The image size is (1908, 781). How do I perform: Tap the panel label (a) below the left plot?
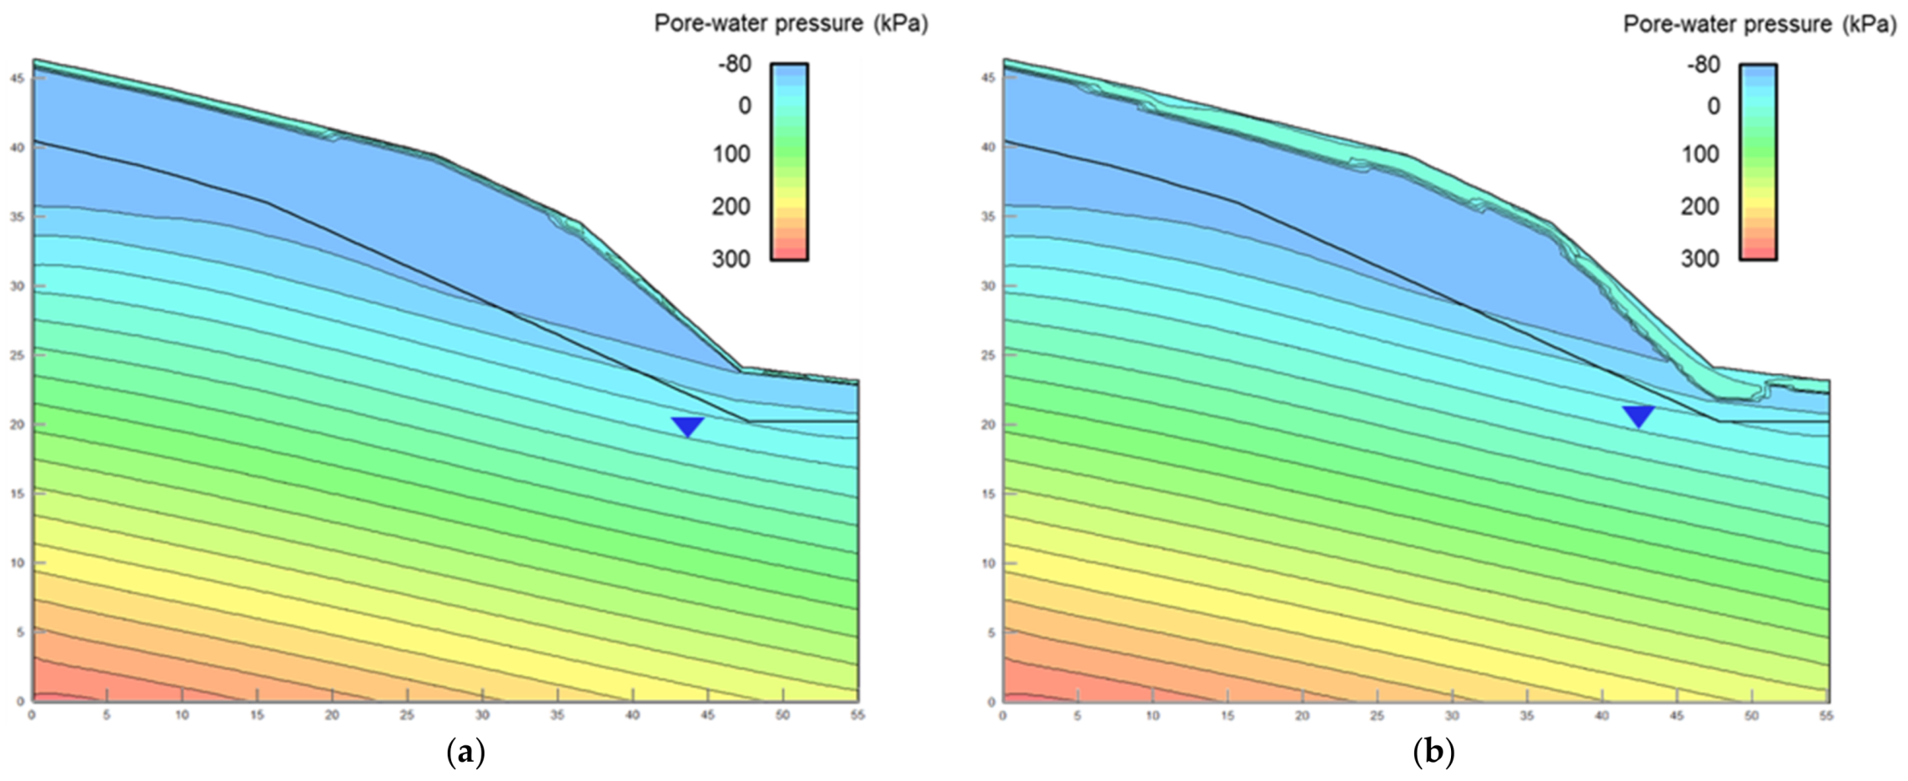point(466,753)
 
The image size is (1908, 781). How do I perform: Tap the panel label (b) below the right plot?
point(1434,753)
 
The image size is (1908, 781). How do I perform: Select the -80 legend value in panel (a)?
point(735,63)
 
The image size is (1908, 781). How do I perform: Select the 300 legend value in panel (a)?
point(731,258)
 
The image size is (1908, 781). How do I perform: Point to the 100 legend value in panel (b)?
point(1700,154)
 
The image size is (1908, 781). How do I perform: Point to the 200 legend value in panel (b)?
point(1700,206)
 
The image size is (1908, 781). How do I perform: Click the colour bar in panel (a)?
point(789,162)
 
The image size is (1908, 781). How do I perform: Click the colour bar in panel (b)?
point(1758,162)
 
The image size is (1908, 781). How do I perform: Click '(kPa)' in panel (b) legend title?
point(1870,24)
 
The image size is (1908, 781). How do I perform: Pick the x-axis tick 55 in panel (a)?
point(857,715)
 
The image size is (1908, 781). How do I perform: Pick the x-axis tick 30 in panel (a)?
point(482,715)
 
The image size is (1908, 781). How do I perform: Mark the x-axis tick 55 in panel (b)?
point(1826,715)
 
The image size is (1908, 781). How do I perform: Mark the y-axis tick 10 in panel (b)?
point(988,563)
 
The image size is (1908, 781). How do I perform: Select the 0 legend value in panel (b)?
point(1714,106)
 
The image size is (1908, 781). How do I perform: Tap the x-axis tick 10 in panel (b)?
point(1152,715)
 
